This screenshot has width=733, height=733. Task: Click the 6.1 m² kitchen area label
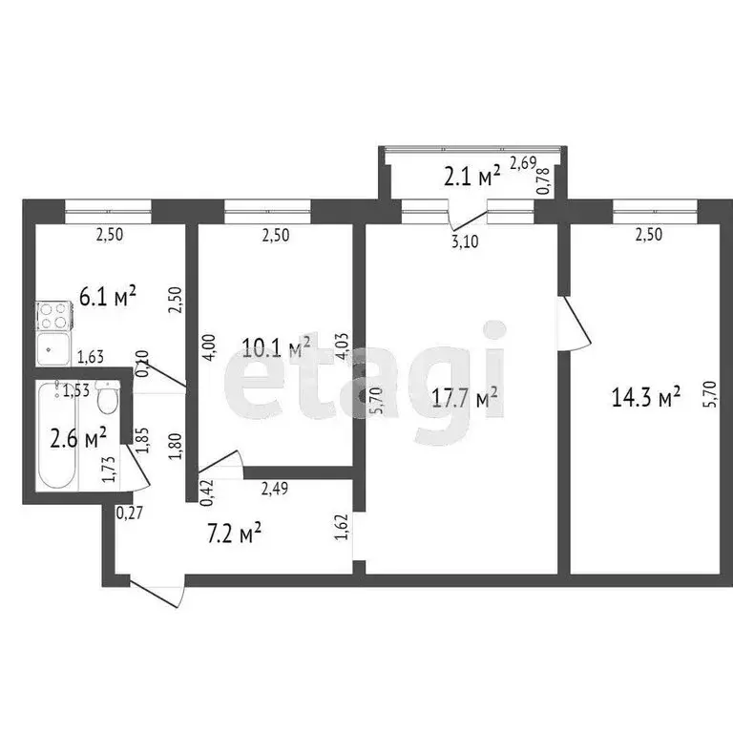(x=108, y=296)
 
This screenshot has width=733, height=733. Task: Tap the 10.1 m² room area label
(x=278, y=346)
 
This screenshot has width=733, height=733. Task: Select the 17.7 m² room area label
(x=464, y=399)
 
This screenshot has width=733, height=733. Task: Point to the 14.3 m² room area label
(x=646, y=396)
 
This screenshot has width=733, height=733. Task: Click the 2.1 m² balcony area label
(x=471, y=176)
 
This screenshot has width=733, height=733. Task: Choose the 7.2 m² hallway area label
(x=236, y=533)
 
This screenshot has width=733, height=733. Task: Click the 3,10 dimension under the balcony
(x=464, y=241)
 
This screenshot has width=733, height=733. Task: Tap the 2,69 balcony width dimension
(x=522, y=163)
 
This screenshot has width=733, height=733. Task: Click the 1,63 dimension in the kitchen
(x=91, y=358)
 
